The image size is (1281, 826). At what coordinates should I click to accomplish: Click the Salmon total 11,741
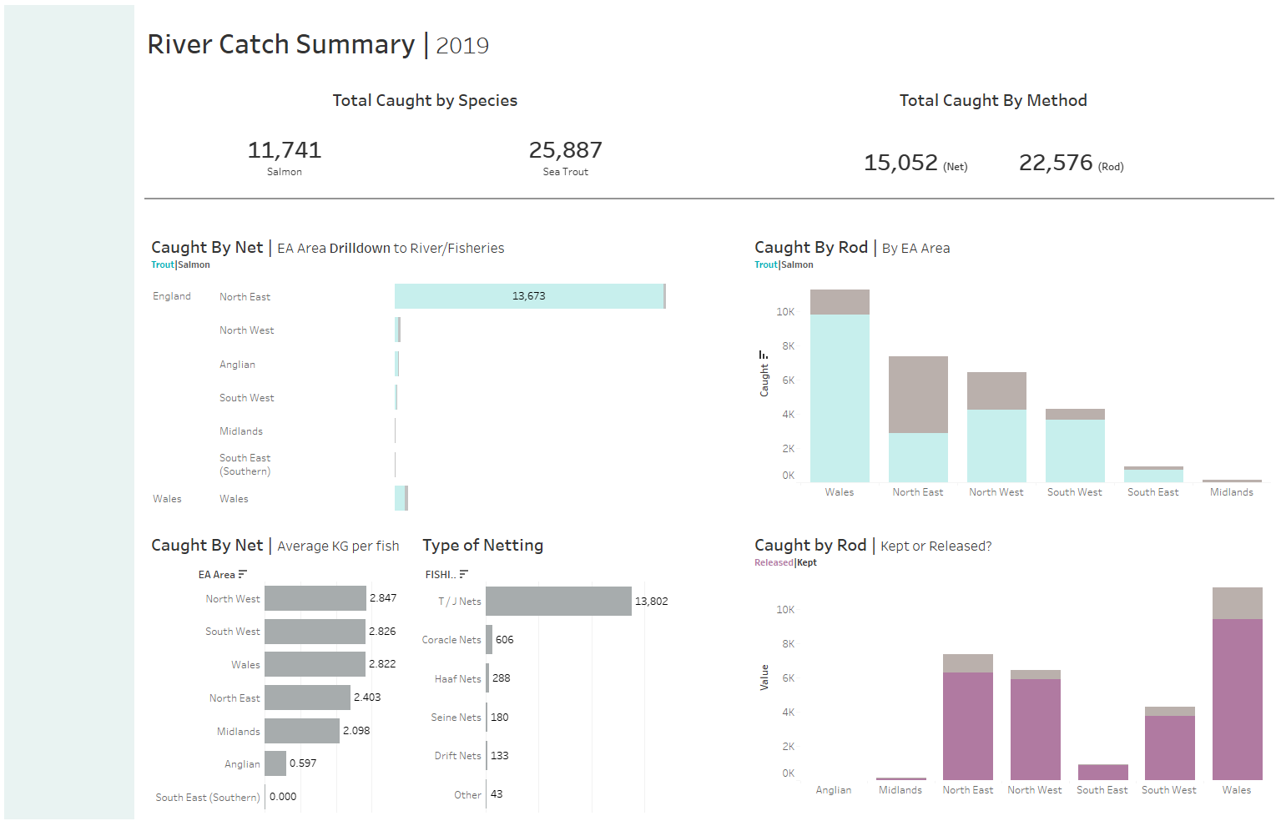285,150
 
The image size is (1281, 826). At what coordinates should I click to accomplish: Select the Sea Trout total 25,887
565,150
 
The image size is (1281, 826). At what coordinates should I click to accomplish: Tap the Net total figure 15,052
900,163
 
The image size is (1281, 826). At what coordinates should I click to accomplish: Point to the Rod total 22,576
1056,163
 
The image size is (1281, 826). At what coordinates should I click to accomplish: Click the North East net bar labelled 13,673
529,296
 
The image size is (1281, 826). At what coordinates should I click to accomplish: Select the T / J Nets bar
558,602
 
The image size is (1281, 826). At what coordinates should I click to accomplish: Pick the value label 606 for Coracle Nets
505,640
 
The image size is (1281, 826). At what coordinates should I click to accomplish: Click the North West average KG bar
315,598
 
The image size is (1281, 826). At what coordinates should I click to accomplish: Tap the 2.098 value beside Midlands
356,731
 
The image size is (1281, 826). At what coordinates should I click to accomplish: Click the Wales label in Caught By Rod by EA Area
840,492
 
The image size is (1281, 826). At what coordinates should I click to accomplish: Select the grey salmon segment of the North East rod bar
918,394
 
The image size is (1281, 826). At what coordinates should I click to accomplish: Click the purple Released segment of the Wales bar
1237,699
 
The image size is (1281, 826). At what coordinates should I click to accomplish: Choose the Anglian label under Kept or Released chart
834,790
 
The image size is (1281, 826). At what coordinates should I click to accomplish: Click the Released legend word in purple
774,563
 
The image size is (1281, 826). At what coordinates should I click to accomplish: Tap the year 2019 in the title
462,46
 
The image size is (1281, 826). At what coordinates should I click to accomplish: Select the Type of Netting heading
482,546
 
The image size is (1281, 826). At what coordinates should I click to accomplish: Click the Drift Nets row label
457,756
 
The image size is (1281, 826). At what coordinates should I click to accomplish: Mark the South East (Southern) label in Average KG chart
208,798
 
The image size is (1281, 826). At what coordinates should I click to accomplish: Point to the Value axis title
764,677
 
